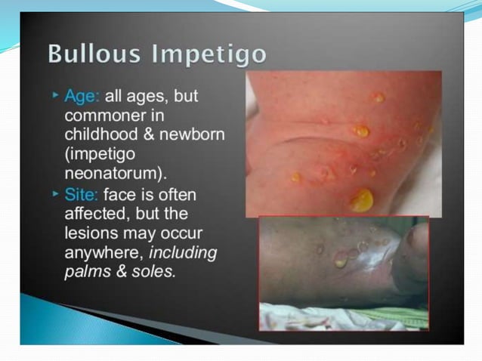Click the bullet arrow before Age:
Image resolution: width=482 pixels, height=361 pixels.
pos(55,97)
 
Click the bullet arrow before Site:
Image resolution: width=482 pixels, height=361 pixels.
pos(55,194)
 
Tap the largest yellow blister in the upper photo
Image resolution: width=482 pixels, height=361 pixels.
pos(362,200)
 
